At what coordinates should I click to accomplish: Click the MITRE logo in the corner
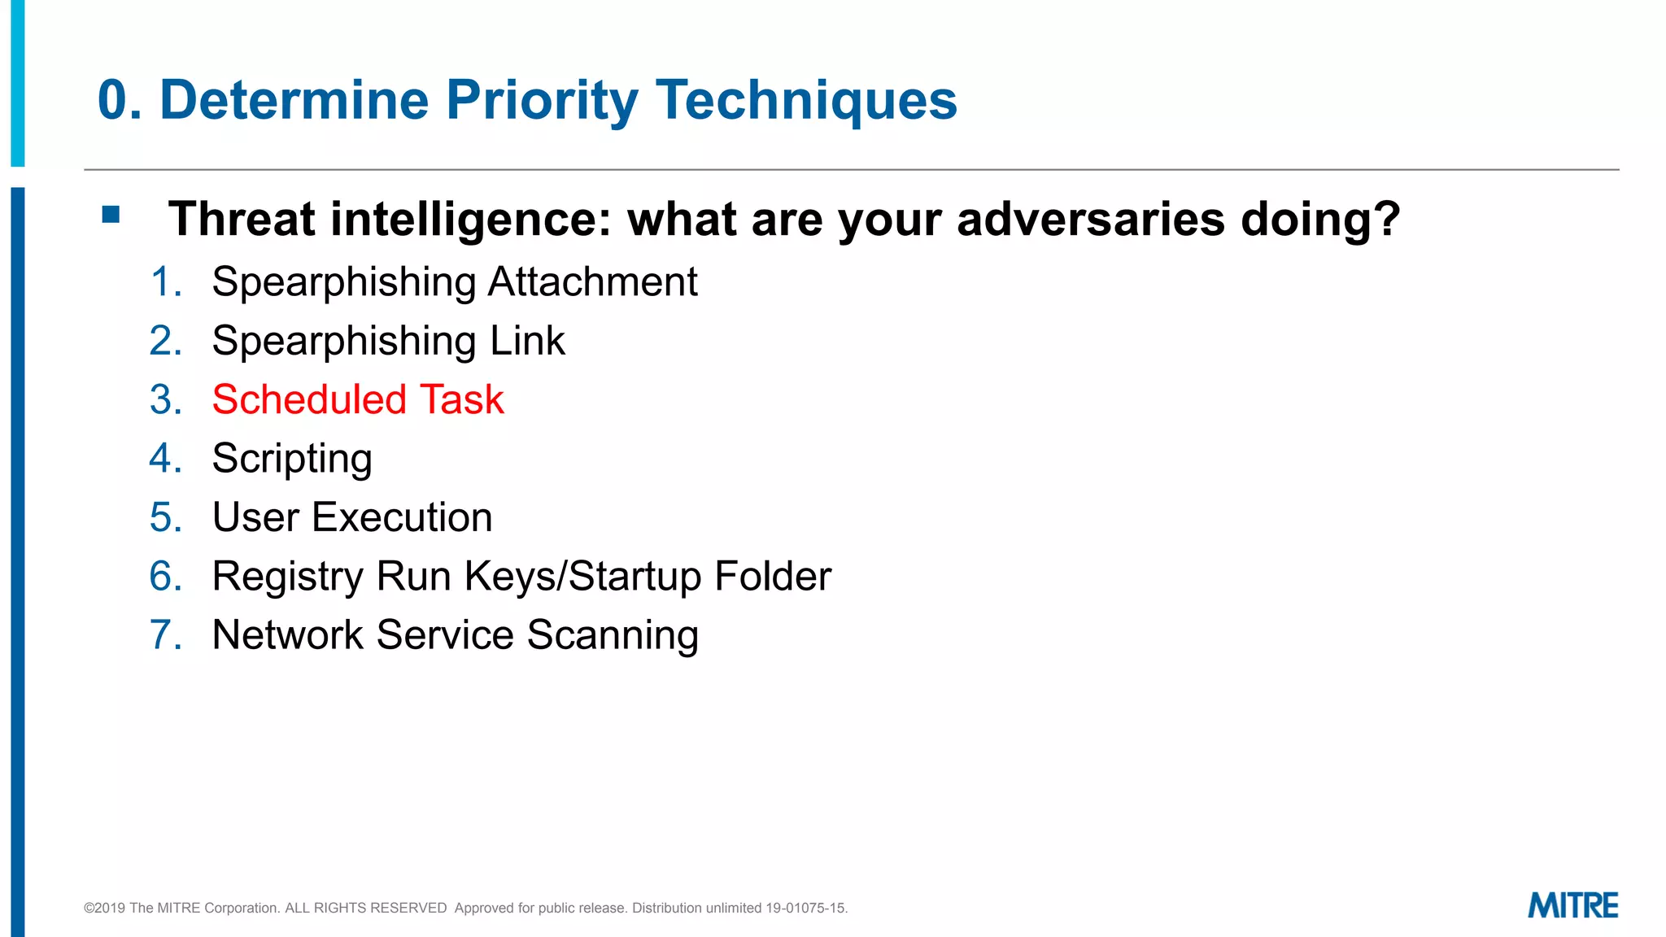point(1572,905)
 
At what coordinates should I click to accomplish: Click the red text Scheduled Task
point(358,399)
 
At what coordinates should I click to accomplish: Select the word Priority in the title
point(542,100)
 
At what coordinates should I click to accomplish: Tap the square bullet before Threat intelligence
point(111,215)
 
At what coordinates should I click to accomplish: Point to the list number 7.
point(165,634)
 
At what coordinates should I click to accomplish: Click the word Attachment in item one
point(592,282)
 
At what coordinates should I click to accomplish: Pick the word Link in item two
point(527,341)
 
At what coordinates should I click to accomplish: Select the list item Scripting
point(292,459)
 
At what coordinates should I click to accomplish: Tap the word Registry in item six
point(287,577)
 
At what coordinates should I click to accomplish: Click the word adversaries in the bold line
point(1091,220)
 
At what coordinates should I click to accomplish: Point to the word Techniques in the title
point(806,100)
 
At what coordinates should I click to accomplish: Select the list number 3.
point(165,399)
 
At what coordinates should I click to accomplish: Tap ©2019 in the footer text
point(105,908)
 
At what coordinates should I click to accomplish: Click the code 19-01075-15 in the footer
point(805,908)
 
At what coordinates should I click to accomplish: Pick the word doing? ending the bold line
point(1319,220)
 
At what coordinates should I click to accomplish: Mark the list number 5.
point(165,517)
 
